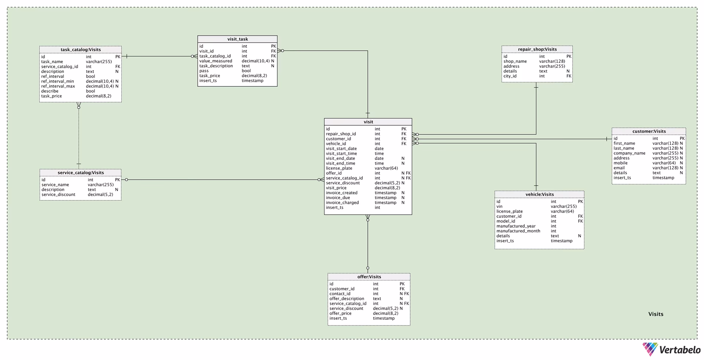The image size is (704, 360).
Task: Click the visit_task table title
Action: (237, 39)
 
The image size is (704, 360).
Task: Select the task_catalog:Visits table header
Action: (80, 49)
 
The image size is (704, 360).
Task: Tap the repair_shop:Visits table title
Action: (537, 49)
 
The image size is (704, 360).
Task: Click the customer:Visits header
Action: (649, 131)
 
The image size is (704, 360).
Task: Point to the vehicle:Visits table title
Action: (539, 194)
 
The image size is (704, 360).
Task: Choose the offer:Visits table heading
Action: (369, 277)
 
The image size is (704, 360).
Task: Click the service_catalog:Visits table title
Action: (80, 173)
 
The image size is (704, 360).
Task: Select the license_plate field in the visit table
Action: (339, 168)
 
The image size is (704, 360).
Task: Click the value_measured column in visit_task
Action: (216, 61)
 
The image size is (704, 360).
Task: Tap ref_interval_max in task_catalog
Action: (58, 86)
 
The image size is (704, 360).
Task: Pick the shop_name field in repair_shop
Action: (515, 61)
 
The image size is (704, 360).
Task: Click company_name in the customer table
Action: (629, 153)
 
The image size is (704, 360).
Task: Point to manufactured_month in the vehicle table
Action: (518, 231)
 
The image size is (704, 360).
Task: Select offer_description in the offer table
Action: (346, 298)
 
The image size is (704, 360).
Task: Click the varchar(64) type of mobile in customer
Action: (664, 163)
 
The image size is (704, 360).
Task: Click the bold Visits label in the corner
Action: (656, 314)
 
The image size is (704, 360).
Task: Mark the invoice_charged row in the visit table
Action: (342, 202)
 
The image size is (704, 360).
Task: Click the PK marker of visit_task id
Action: (273, 46)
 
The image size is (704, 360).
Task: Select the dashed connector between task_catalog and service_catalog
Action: (78, 136)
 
